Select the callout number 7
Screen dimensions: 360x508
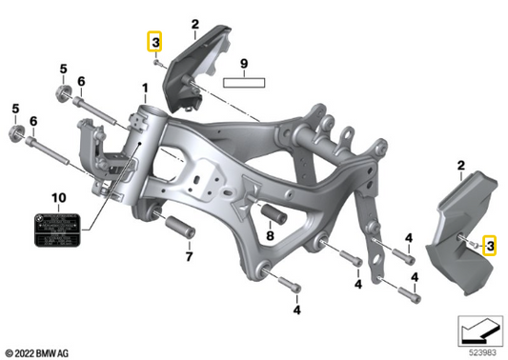[189, 256]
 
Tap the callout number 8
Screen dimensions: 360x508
[271, 235]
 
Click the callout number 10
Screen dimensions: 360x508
[57, 197]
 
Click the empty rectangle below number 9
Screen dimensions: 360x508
[244, 83]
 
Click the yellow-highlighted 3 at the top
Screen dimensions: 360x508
[154, 41]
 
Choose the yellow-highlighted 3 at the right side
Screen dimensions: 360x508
[490, 246]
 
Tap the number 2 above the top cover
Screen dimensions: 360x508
[194, 24]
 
